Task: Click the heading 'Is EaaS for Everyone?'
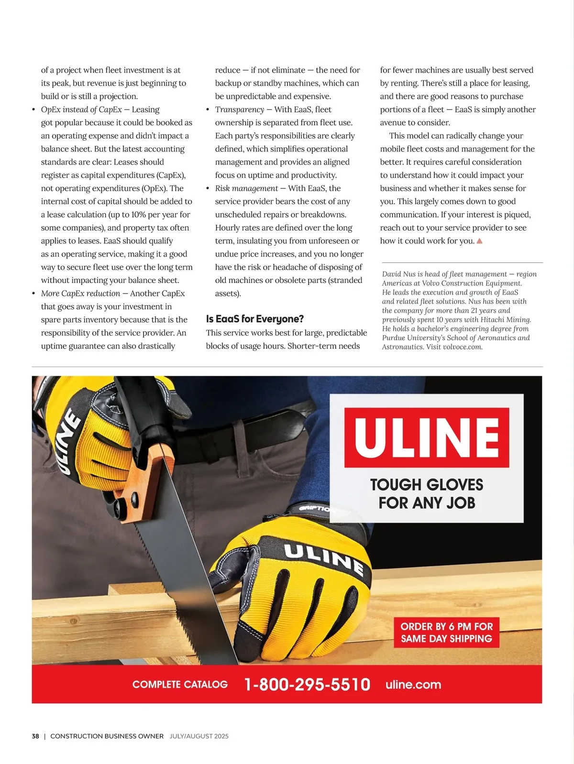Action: pyautogui.click(x=254, y=319)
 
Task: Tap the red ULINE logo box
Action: pyautogui.click(x=426, y=437)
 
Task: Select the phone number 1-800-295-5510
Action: pyautogui.click(x=307, y=684)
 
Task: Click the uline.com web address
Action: pyautogui.click(x=413, y=684)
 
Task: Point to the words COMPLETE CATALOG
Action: pyautogui.click(x=180, y=684)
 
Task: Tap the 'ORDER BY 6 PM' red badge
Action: pyautogui.click(x=446, y=633)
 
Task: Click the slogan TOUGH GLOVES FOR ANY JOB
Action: pyautogui.click(x=427, y=493)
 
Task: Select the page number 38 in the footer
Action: pyautogui.click(x=35, y=736)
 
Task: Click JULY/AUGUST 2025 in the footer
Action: pyautogui.click(x=199, y=736)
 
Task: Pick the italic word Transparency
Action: pyautogui.click(x=239, y=109)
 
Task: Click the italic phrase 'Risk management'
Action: pyautogui.click(x=246, y=188)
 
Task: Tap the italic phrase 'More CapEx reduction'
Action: pyautogui.click(x=80, y=294)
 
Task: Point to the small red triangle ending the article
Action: pyautogui.click(x=479, y=241)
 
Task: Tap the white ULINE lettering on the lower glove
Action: pyautogui.click(x=324, y=558)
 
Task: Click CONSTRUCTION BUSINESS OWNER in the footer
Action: pyautogui.click(x=107, y=736)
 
